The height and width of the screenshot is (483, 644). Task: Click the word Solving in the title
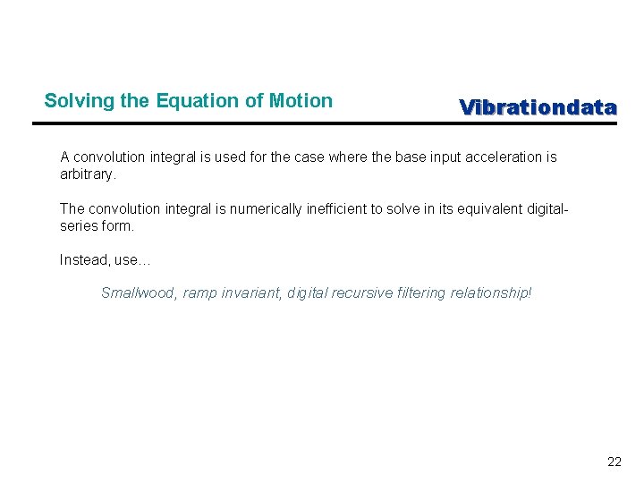coord(72,101)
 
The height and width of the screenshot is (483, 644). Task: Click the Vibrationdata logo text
coord(538,108)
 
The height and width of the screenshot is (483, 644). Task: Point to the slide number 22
coord(614,462)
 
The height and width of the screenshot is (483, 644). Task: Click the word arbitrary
coord(88,174)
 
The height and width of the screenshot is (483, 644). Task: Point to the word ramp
coord(199,293)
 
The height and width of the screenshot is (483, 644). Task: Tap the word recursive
coord(362,293)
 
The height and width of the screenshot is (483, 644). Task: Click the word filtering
coord(419,293)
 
